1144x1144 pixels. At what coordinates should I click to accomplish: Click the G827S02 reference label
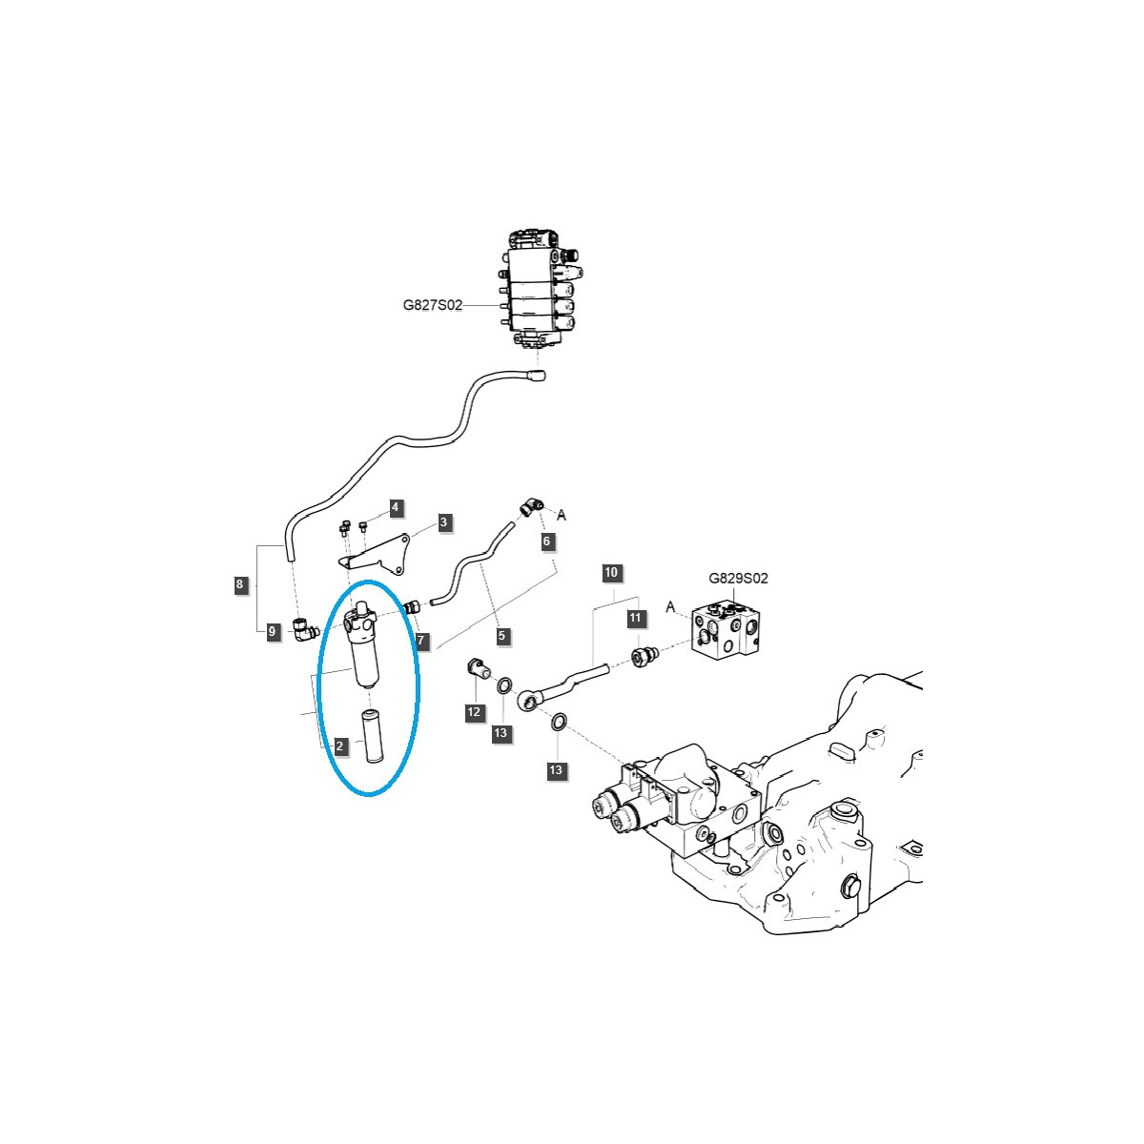coord(432,306)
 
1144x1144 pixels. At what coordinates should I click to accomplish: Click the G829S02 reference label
coord(738,578)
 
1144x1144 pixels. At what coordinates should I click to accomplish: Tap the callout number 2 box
coord(339,746)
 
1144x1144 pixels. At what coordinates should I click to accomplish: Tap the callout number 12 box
coord(474,711)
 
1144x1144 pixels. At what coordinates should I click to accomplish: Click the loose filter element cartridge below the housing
coord(369,735)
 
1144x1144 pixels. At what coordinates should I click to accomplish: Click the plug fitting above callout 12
coord(478,668)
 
